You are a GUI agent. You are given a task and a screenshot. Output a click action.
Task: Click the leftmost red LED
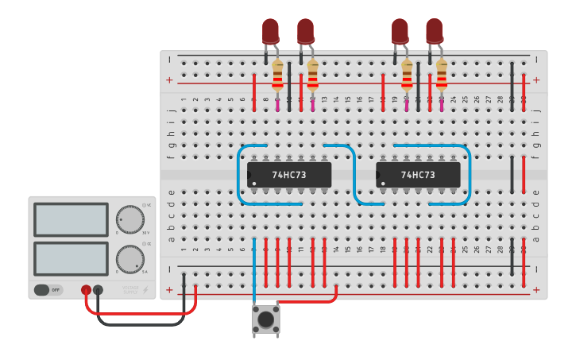pos(271,30)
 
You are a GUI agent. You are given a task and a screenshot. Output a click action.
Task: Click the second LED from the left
pos(306,30)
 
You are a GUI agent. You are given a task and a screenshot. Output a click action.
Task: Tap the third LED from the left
pos(400,30)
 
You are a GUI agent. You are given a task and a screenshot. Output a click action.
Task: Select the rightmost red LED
pos(434,30)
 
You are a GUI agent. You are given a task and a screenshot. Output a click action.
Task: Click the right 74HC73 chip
pos(418,175)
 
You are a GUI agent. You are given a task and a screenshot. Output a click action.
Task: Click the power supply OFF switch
pos(48,290)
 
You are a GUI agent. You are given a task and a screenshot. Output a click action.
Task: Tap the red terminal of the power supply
pos(86,291)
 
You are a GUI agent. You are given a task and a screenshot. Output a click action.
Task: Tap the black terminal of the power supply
pos(98,291)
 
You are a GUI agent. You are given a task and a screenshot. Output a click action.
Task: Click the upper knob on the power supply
pos(130,219)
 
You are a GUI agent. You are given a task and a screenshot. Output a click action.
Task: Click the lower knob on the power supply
pos(130,259)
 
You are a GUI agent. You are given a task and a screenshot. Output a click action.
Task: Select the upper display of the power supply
pos(71,219)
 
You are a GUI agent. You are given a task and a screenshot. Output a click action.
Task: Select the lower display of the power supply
pos(71,258)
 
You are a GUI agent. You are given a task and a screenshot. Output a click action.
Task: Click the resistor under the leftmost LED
pos(277,77)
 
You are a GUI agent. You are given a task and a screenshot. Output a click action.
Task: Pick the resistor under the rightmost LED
pos(441,77)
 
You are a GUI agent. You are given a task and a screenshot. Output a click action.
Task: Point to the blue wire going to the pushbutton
pos(254,270)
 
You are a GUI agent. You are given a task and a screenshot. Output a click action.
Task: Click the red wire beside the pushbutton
pos(310,301)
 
